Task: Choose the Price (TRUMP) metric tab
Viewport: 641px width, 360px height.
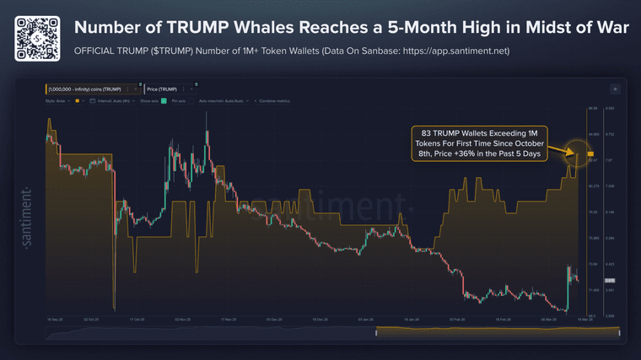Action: point(161,89)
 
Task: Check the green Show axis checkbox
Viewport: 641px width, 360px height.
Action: point(163,100)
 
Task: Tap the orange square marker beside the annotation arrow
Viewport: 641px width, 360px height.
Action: point(590,153)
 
